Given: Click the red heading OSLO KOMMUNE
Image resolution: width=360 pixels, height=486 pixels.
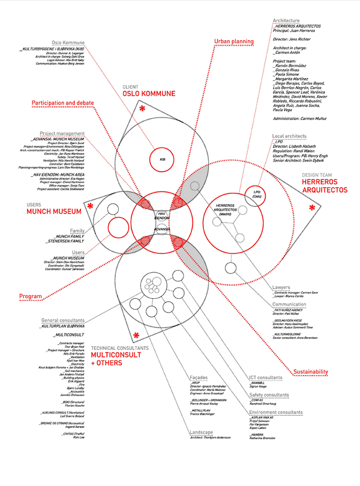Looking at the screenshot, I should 149,94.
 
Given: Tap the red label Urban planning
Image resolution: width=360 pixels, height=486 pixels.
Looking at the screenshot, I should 234,41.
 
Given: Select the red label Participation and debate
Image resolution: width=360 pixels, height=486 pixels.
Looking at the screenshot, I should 63,103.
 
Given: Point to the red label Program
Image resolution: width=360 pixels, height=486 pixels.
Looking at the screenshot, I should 30,296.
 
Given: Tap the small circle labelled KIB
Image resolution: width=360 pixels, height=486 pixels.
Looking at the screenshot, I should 162,160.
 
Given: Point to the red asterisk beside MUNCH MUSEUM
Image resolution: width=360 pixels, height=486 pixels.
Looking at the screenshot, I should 90,206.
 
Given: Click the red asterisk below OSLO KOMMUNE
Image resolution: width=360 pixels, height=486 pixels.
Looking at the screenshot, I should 142,110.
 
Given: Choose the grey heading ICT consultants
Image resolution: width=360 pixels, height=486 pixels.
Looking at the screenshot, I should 265,377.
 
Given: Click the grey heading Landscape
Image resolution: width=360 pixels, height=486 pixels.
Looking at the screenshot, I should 202,432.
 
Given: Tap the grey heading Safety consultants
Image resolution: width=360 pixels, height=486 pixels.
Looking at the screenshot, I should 269,395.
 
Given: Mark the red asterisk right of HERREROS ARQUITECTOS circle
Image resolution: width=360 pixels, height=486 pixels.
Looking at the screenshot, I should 311,208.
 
